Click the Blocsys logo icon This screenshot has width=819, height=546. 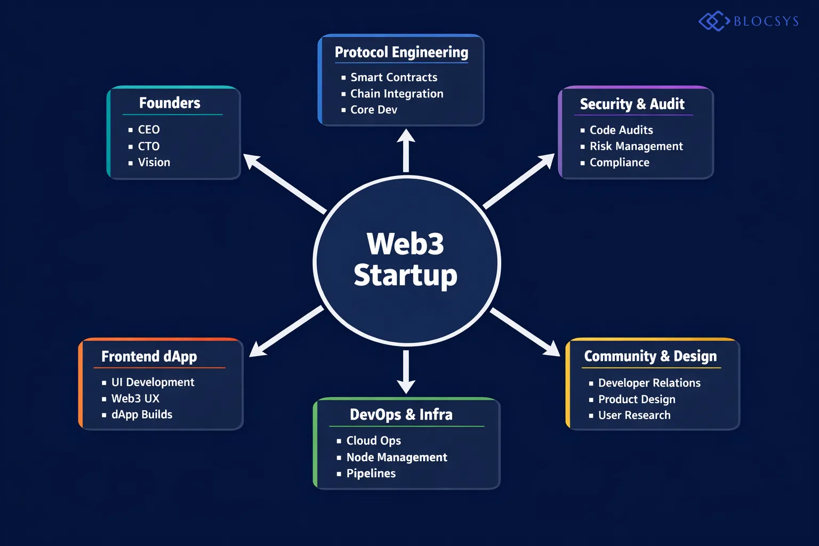[x=713, y=21]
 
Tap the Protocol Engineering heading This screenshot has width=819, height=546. [x=401, y=52]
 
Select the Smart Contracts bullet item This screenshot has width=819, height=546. [x=394, y=77]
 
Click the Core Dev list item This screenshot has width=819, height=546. [x=373, y=110]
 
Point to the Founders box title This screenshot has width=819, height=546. [x=170, y=103]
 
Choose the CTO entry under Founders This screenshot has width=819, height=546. [x=148, y=146]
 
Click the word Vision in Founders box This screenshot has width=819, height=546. [x=154, y=162]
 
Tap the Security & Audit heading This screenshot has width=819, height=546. [x=632, y=104]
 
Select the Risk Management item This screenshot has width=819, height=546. [x=636, y=146]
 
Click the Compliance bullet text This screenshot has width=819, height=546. [x=619, y=163]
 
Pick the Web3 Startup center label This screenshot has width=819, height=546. [x=405, y=260]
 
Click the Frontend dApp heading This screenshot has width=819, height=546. [x=149, y=356]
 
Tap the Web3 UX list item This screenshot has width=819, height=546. [x=135, y=398]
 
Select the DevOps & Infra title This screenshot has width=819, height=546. [x=401, y=414]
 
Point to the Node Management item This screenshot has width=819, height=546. [x=396, y=457]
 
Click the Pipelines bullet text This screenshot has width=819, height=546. [x=371, y=473]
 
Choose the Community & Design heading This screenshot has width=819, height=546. [x=650, y=356]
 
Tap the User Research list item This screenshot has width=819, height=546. [x=634, y=415]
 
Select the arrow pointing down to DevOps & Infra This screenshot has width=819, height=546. [x=406, y=372]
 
